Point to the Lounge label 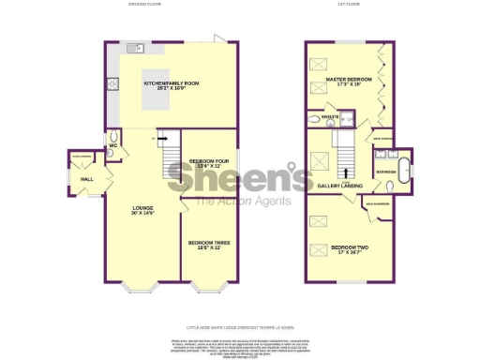[142, 209]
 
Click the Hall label [86, 177]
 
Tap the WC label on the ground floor [112, 145]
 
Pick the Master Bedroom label [347, 82]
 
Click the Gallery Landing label [340, 186]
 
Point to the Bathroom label [386, 173]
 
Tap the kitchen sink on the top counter [135, 47]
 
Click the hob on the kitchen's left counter [113, 82]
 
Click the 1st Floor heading [350, 6]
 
